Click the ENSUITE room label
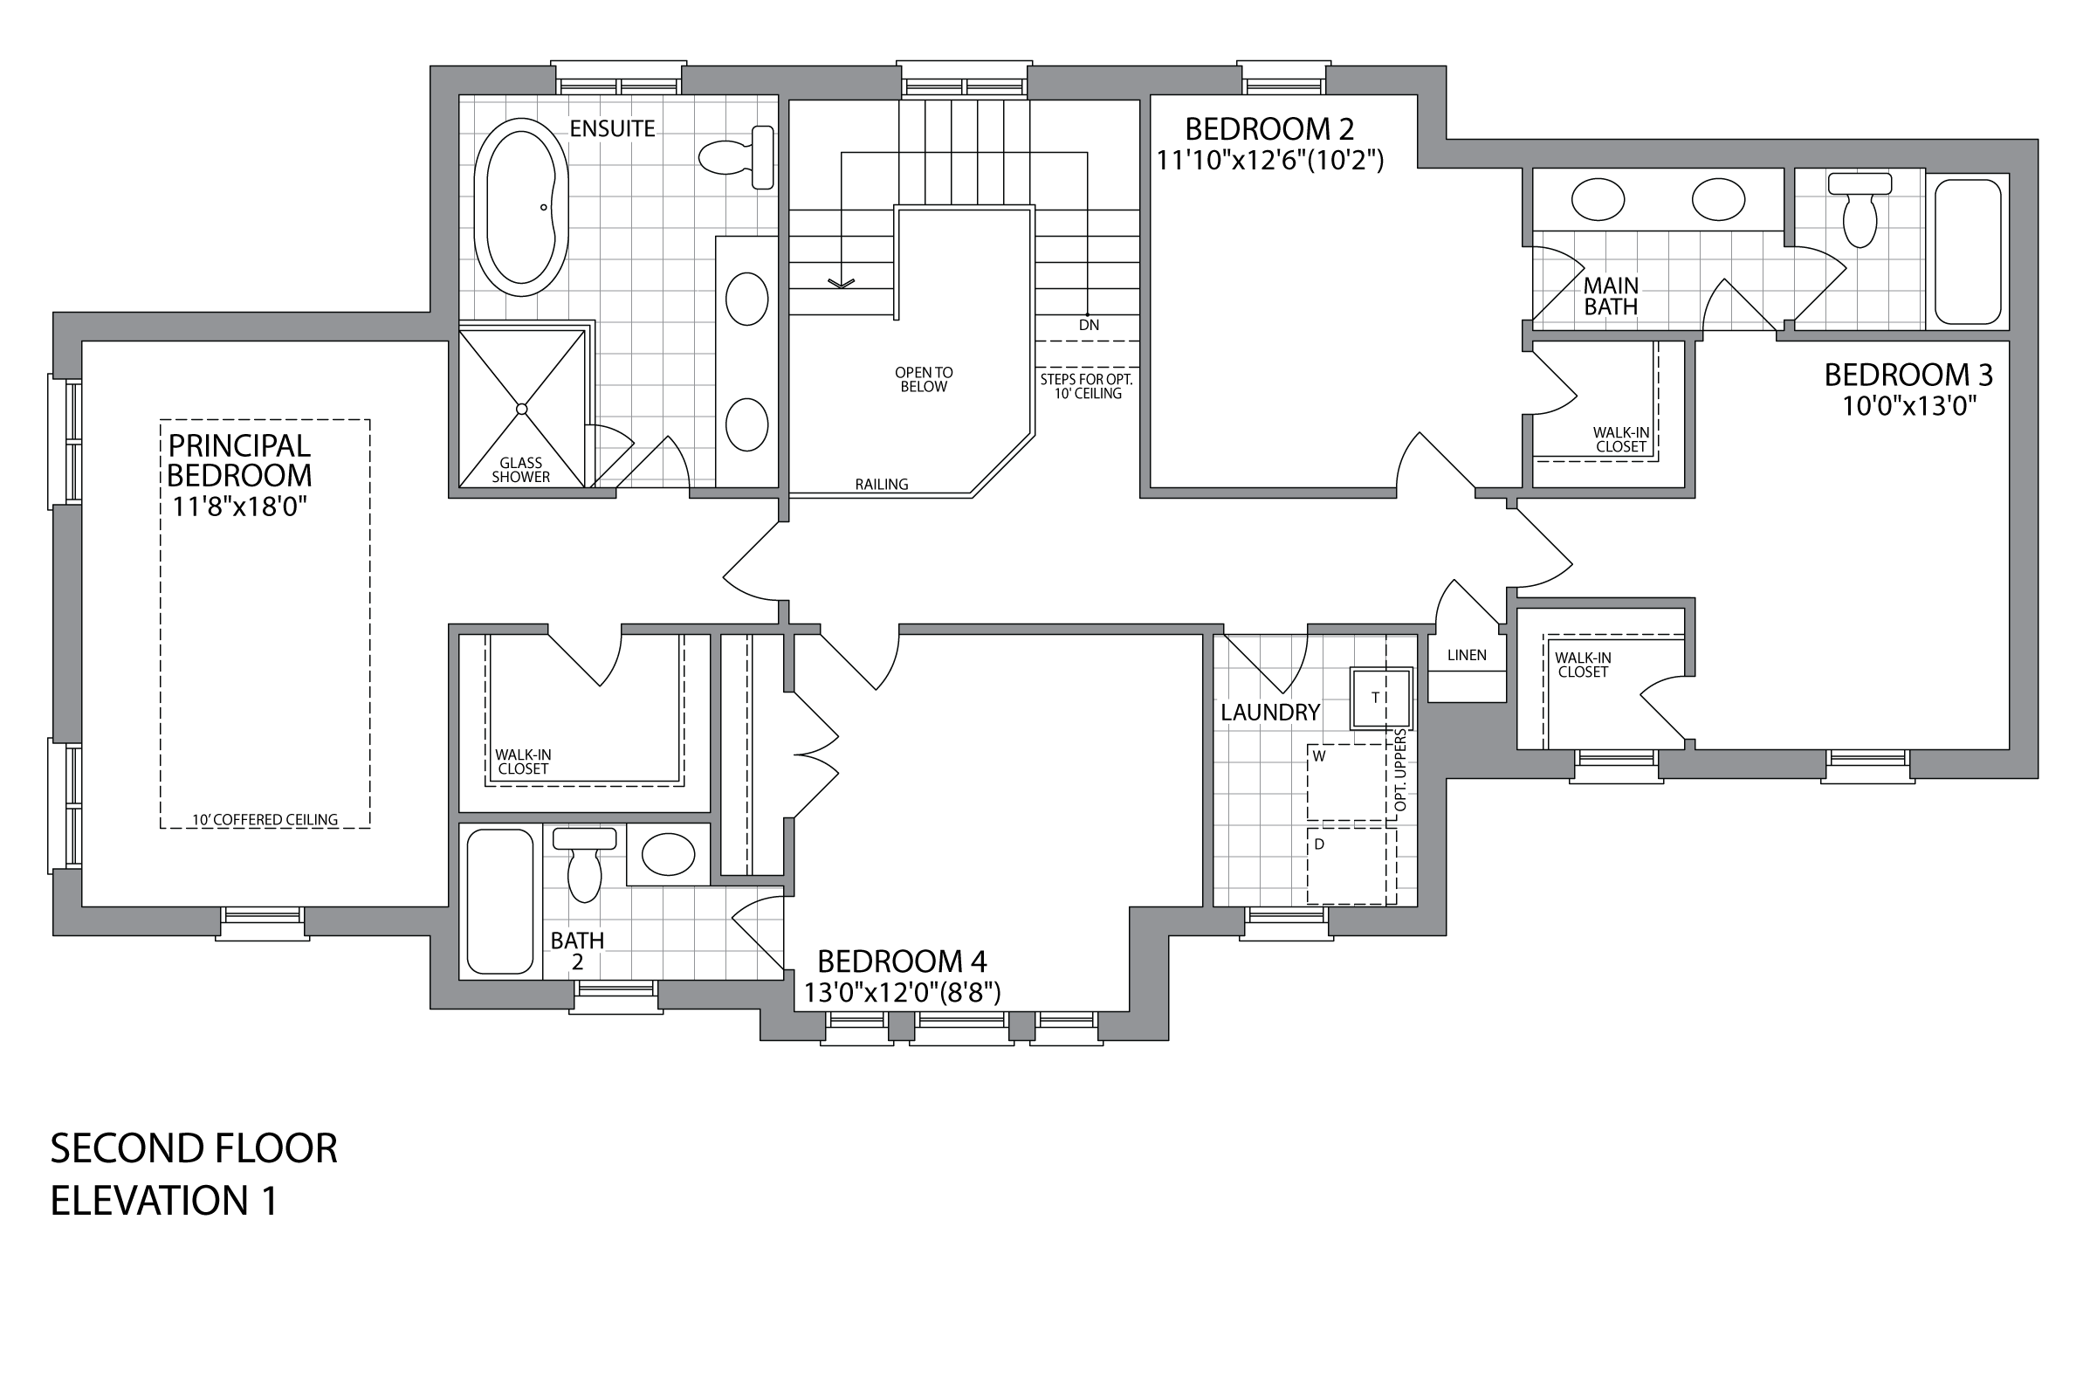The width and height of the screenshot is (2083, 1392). (x=612, y=128)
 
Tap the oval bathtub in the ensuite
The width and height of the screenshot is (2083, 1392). (x=521, y=207)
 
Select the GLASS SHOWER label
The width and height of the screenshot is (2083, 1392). (x=521, y=470)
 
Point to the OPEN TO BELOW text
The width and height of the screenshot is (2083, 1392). (x=924, y=380)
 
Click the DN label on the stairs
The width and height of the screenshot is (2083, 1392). (x=1089, y=325)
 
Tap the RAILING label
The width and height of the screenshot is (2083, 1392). (x=882, y=485)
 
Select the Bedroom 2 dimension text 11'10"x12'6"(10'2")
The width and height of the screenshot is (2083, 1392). (x=1269, y=161)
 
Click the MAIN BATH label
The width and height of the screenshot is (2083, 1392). (x=1611, y=297)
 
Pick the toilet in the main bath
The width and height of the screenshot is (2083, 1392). (x=1860, y=210)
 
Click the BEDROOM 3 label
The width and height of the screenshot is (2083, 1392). (x=1908, y=376)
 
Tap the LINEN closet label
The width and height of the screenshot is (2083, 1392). (x=1467, y=655)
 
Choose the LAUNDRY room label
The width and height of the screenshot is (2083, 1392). (x=1270, y=712)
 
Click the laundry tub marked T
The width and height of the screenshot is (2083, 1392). (x=1381, y=699)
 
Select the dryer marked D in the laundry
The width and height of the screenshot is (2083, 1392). (x=1351, y=865)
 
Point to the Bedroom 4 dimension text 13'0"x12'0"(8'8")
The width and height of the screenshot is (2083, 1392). (x=902, y=993)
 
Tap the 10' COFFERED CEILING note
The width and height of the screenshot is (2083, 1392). (x=265, y=820)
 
